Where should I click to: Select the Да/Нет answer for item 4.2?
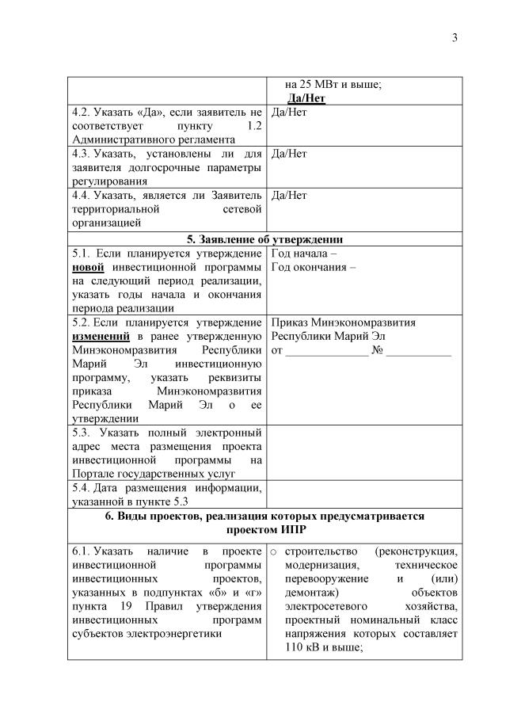(289, 112)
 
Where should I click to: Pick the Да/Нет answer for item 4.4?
(289, 194)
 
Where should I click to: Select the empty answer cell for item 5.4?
(364, 494)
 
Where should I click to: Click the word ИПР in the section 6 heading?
(287, 529)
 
